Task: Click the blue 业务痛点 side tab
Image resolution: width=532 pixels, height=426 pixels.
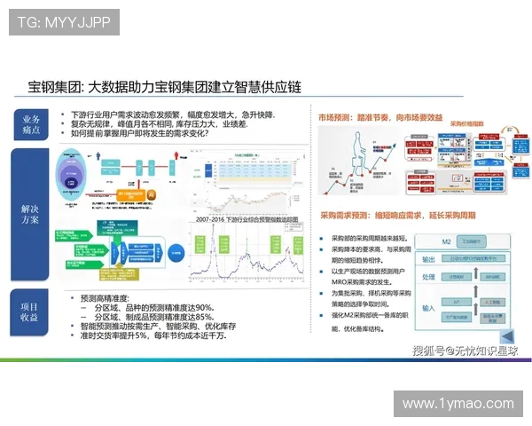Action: click(30, 124)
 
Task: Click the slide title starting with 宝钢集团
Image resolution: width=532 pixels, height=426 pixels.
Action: click(165, 87)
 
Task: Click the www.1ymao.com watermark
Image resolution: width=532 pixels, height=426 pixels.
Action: click(458, 404)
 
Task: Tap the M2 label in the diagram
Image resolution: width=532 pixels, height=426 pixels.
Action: click(434, 242)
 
